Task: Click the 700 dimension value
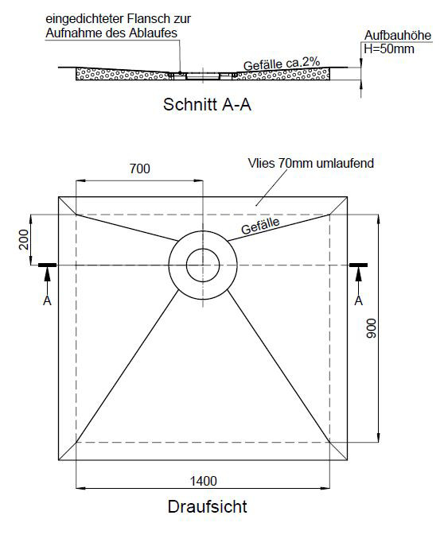tap(140, 168)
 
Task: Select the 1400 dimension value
tap(204, 481)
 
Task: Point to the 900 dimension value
tap(372, 328)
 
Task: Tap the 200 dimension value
tap(24, 239)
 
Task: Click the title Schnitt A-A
tap(207, 105)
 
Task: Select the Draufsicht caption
tap(207, 507)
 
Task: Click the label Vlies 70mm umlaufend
tap(311, 163)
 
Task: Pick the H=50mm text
tap(389, 48)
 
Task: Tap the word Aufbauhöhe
tap(398, 35)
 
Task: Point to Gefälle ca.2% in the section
tap(282, 64)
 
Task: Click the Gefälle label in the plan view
tap(260, 226)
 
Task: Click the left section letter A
tap(47, 300)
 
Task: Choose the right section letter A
tap(358, 300)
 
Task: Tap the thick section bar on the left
tap(47, 265)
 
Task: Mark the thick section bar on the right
tap(358, 265)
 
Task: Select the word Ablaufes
tap(153, 33)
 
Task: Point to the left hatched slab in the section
tap(123, 74)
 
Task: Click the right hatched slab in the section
tap(282, 74)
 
